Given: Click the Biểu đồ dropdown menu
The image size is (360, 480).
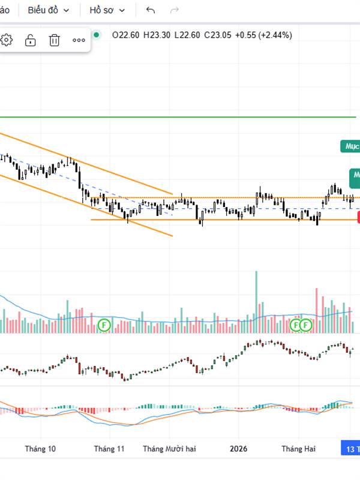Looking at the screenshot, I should coord(49,10).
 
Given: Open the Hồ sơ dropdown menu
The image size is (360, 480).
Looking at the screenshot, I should coord(107,10).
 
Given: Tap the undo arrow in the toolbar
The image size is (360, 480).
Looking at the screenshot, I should coord(151,10).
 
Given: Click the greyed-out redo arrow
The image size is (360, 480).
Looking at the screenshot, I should coord(175,10).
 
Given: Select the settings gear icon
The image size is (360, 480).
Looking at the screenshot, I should coord(7,40).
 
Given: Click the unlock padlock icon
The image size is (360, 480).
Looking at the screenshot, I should coord(30,40).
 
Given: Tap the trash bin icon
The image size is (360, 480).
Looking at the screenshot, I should coord(55,40).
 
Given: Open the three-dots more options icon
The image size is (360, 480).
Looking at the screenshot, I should coord(79,40).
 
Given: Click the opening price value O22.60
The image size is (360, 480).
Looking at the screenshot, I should coord(125,35).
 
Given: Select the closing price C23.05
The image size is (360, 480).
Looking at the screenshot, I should coord(217,35).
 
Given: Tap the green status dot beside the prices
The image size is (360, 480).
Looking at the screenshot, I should coord(97,35).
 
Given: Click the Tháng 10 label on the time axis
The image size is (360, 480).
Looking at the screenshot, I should coord(41,448).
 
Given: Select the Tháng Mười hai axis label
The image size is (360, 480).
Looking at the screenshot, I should coord(169,448).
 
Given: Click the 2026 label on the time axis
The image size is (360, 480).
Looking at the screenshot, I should coord(239,448).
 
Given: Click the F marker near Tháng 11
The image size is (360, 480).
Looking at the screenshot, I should coord(104,325).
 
